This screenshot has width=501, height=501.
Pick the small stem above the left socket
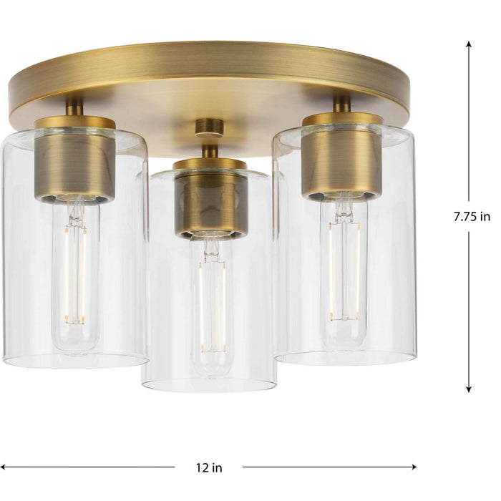[x=74, y=108]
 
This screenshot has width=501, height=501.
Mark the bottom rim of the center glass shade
[x=209, y=387]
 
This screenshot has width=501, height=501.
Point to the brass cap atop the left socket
[x=75, y=122]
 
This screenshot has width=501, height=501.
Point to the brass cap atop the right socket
[x=342, y=119]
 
